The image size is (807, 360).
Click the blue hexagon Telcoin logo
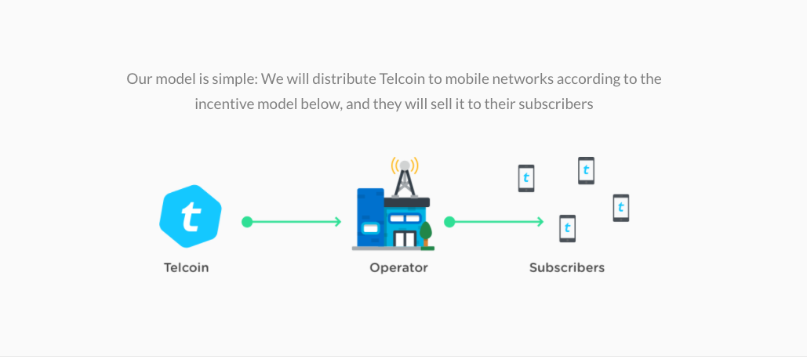click(x=190, y=216)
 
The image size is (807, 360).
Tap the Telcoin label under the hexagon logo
click(x=187, y=267)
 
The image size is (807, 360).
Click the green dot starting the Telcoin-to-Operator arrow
click(x=247, y=222)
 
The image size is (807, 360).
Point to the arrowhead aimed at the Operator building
click(x=337, y=222)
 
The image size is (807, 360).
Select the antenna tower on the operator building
click(x=405, y=179)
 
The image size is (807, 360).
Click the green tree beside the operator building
click(x=426, y=232)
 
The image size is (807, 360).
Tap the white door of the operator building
click(x=405, y=238)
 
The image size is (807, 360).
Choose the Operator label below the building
click(x=398, y=267)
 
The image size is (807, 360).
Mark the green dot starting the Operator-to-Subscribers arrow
click(x=449, y=222)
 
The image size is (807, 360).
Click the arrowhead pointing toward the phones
click(x=540, y=222)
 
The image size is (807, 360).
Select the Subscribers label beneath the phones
click(x=567, y=267)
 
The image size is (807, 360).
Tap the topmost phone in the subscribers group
click(x=586, y=170)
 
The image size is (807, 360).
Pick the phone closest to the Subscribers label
click(x=567, y=228)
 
